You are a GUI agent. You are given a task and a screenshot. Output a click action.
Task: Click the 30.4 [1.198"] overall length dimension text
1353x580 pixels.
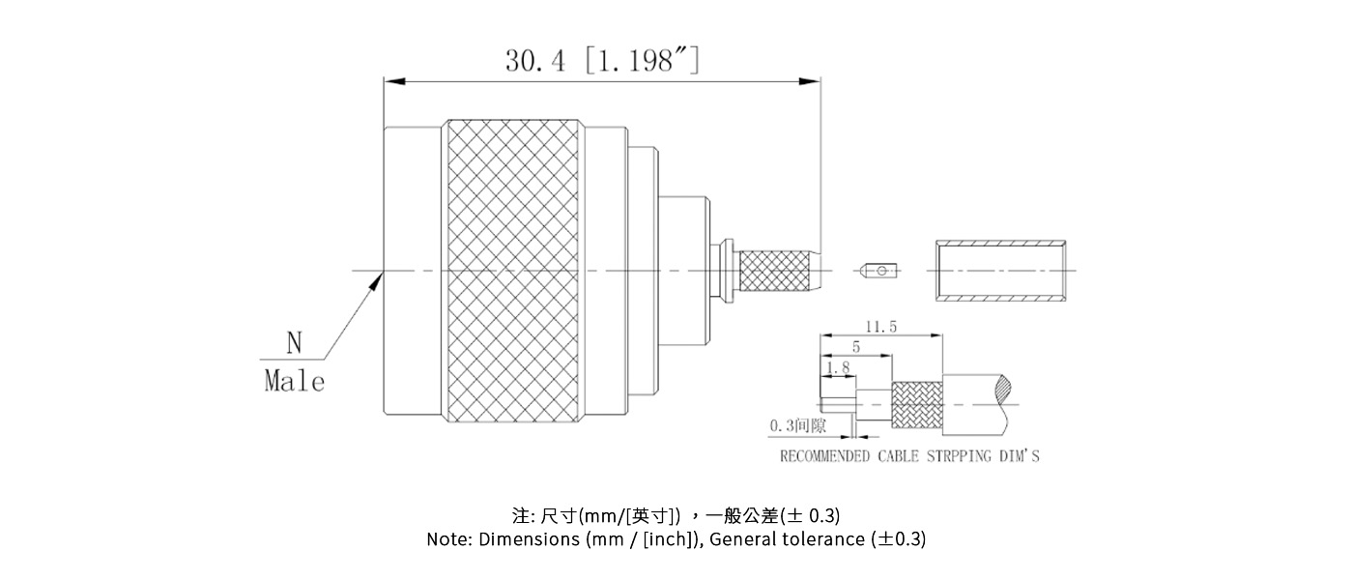pos(601,62)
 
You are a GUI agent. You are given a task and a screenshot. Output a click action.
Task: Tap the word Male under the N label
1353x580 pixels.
pos(294,381)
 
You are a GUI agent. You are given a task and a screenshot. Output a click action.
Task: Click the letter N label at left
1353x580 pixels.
pos(294,342)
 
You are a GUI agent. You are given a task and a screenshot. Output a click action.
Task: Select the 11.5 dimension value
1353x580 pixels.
pos(879,328)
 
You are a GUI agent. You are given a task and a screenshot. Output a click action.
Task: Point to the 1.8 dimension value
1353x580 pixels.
pos(839,367)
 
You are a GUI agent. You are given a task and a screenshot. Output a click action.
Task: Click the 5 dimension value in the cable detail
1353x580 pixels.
pos(855,347)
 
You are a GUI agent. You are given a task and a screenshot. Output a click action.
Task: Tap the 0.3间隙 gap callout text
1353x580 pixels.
pos(798,425)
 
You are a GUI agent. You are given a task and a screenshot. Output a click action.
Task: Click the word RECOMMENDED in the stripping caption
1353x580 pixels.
pos(824,456)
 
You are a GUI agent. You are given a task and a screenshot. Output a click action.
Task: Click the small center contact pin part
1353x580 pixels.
pos(880,271)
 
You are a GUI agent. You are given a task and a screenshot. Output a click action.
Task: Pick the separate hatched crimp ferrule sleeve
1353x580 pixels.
pos(1002,272)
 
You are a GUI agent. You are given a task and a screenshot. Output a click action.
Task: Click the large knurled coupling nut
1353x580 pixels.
pos(513,271)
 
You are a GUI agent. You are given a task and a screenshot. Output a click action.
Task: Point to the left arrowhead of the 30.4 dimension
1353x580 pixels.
pos(390,81)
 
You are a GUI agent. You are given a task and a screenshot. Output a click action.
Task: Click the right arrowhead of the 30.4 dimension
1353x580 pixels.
pos(815,81)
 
